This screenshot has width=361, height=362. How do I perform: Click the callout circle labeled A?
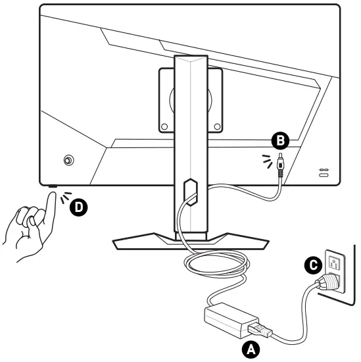[250, 349]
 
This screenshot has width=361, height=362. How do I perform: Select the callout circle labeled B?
[280, 140]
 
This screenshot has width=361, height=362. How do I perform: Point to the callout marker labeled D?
[78, 207]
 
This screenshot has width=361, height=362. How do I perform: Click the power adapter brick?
[227, 319]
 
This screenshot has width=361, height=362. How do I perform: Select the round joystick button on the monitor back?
[69, 161]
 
